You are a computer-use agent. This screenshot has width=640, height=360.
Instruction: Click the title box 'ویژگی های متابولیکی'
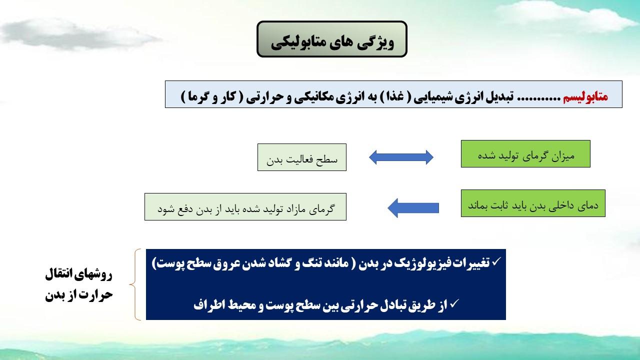pyautogui.click(x=331, y=39)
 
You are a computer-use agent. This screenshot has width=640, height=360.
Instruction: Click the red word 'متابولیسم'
pyautogui.click(x=585, y=96)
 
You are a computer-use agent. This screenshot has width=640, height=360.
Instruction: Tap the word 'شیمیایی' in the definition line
pyautogui.click(x=435, y=97)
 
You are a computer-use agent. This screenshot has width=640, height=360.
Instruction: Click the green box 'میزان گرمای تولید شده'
pyautogui.click(x=525, y=153)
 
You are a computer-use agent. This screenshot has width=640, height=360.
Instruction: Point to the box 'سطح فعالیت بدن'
pyautogui.click(x=301, y=157)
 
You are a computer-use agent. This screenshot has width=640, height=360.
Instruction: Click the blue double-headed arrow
pyautogui.click(x=401, y=157)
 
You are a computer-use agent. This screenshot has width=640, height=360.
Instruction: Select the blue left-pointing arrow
pyautogui.click(x=413, y=208)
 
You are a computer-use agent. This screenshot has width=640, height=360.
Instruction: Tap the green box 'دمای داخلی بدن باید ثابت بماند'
pyautogui.click(x=533, y=203)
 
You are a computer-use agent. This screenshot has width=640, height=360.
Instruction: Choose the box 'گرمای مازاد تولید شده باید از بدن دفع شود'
pyautogui.click(x=245, y=206)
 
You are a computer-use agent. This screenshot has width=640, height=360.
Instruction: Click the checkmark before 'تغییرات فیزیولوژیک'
pyautogui.click(x=497, y=261)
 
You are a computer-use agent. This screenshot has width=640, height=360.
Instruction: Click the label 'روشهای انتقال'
pyautogui.click(x=79, y=275)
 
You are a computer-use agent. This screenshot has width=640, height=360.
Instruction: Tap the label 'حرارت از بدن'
pyautogui.click(x=79, y=295)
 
